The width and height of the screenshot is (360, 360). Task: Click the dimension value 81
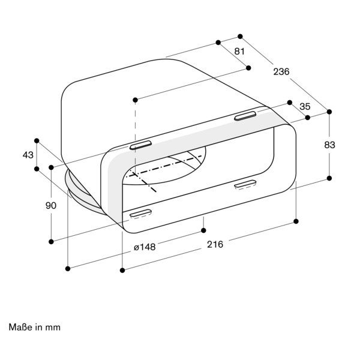(239, 52)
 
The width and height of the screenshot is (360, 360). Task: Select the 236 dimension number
(281, 72)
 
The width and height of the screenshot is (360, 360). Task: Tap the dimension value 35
(305, 107)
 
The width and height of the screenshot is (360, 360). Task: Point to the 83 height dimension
(329, 145)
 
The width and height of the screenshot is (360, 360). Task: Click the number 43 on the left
(28, 155)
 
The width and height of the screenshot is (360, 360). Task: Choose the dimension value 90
(51, 205)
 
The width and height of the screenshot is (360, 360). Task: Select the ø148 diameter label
(145, 247)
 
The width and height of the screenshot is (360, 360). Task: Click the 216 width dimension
(215, 245)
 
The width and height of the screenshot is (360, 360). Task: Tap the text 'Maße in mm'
(34, 327)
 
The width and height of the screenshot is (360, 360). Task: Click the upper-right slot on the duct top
(245, 116)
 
